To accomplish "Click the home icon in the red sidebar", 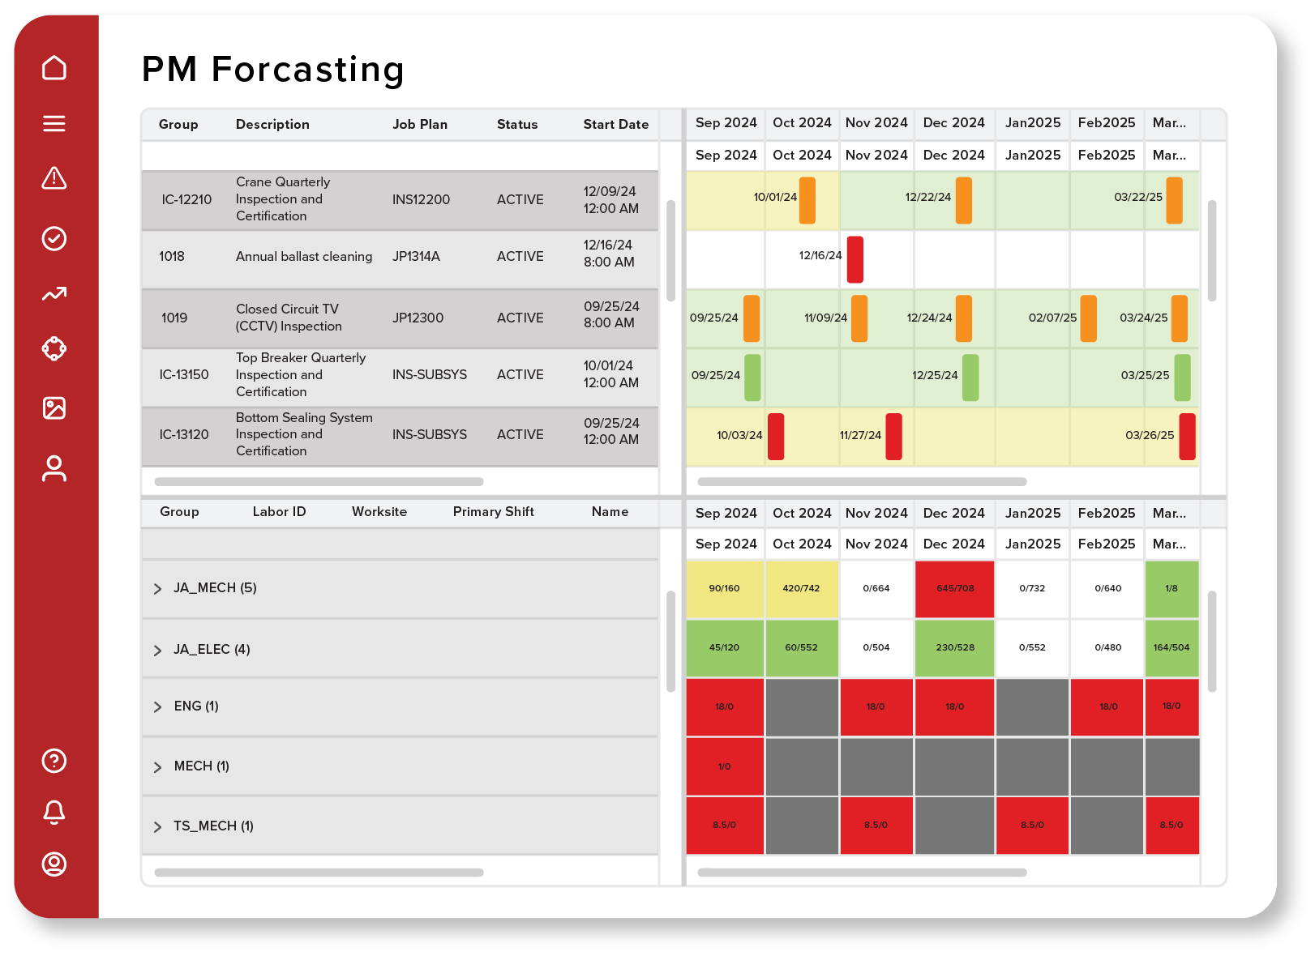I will [54, 68].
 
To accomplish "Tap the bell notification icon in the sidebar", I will [54, 812].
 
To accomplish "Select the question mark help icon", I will [54, 761].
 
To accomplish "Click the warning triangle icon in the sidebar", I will [54, 178].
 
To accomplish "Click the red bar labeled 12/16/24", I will [855, 259].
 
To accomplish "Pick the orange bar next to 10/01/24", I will [807, 200].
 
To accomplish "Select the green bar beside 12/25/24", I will [970, 378].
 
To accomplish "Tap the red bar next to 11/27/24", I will [893, 437].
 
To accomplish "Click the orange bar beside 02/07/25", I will [1088, 318].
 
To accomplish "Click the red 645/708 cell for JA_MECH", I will [954, 589].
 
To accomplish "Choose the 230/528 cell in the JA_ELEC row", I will [954, 648].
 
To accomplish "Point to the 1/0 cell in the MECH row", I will [724, 766].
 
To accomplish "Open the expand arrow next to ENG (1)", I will [158, 707].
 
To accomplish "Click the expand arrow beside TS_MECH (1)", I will [158, 827].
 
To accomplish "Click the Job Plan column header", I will [420, 125].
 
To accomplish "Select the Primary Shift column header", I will [493, 512].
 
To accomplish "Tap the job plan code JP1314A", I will [416, 257].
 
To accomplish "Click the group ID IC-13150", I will [184, 375].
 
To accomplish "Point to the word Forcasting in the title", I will [307, 70].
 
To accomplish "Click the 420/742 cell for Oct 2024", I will [801, 589].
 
